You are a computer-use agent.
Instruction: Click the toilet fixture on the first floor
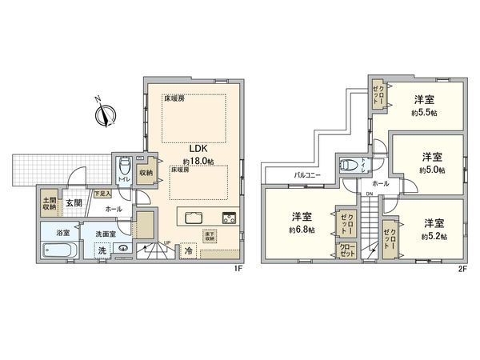coord(123,169)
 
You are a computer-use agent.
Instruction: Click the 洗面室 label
coord(106,234)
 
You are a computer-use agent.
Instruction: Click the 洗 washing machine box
coord(102,250)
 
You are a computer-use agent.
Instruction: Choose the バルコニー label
coord(307,173)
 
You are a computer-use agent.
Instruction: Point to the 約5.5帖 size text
coord(424,113)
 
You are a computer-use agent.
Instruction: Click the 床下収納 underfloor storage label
coord(209,236)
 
